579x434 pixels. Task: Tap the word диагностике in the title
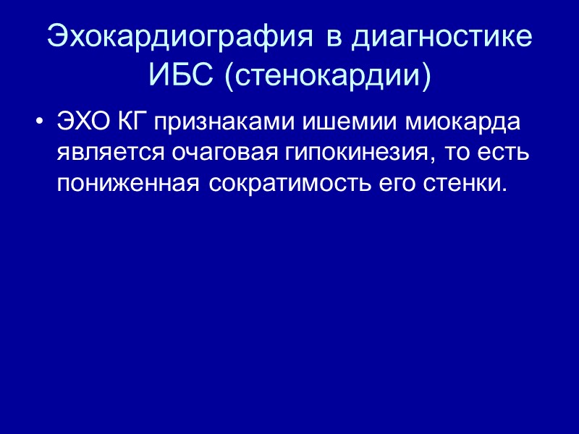tap(441, 38)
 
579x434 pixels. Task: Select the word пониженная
tap(129, 184)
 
